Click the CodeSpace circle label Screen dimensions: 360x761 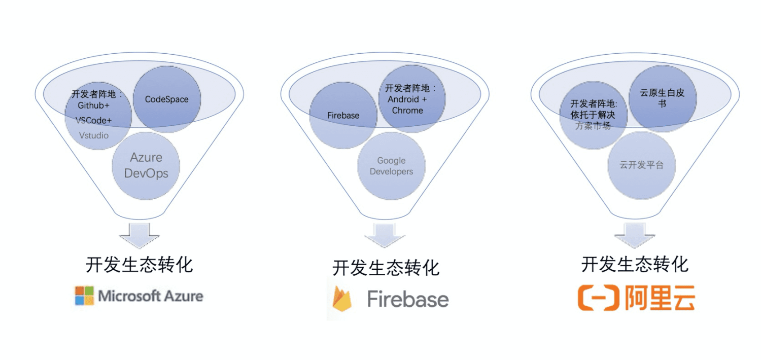coord(166,99)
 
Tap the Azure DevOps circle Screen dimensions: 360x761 coord(146,165)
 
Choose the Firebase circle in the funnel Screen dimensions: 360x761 coord(343,116)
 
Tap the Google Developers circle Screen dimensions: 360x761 coord(391,166)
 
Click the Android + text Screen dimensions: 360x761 coord(407,99)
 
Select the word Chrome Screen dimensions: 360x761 coord(407,111)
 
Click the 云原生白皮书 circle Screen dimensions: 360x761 coord(661,98)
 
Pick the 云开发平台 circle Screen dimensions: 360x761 coord(641,165)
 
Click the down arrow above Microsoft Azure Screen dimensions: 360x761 coord(139,234)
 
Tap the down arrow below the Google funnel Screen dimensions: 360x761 coord(385,235)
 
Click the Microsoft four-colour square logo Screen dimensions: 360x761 coord(84,296)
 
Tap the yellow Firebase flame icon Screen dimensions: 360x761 coord(341,299)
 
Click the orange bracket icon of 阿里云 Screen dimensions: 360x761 coord(599,298)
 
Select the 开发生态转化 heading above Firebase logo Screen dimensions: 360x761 coord(386,268)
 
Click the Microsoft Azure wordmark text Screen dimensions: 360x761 coord(151,296)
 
